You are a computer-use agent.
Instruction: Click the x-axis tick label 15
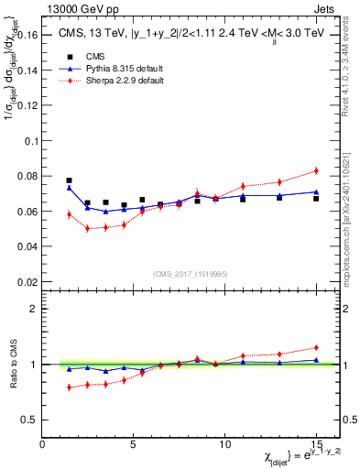pyautogui.click(x=315, y=444)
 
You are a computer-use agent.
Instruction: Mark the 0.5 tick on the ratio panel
pyautogui.click(x=30, y=420)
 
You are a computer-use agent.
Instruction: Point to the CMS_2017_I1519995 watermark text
pyautogui.click(x=191, y=274)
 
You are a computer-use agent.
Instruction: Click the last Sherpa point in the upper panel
pyautogui.click(x=316, y=170)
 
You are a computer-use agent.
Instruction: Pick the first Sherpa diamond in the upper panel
pyautogui.click(x=69, y=214)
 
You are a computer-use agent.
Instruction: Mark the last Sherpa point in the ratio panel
pyautogui.click(x=316, y=347)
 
